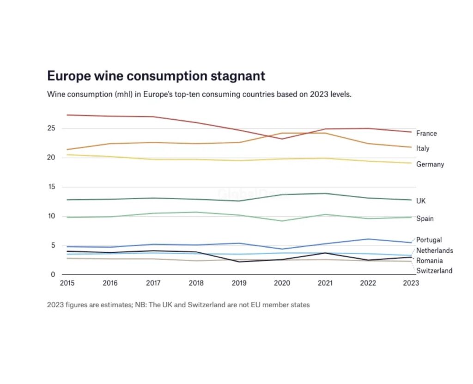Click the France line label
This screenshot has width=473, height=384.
tap(426, 133)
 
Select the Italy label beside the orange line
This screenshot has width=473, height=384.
tap(423, 148)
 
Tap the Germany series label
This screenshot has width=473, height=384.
tap(430, 164)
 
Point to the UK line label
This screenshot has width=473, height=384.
tap(421, 201)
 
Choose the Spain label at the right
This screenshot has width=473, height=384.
tap(424, 219)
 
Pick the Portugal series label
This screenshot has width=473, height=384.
tap(429, 240)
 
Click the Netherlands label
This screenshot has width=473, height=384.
tap(434, 250)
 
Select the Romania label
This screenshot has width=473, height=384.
tap(429, 261)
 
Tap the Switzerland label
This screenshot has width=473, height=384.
tap(434, 271)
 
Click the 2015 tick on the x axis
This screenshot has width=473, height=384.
tap(67, 283)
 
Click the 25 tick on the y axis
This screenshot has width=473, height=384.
tap(51, 128)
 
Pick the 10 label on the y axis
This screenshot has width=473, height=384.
tap(51, 216)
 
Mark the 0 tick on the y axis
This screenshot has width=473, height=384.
tap(53, 275)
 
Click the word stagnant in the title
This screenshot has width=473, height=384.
tap(236, 76)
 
